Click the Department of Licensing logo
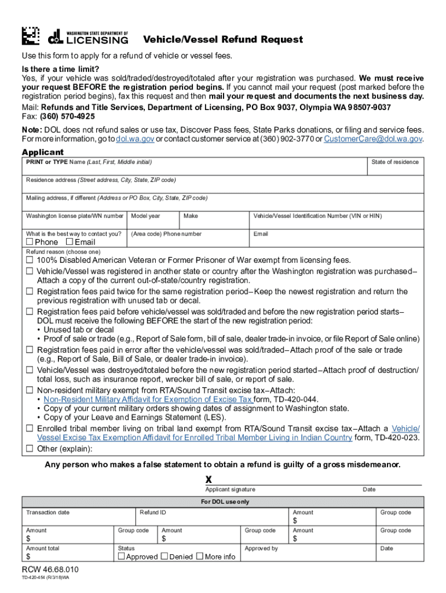(88, 36)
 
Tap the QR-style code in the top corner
(31, 36)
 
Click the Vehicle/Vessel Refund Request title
(223, 39)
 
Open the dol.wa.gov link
(135, 139)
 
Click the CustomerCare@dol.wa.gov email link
(373, 139)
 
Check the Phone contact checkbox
(30, 242)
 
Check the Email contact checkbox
(70, 242)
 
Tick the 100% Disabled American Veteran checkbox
(29, 261)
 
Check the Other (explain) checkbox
(29, 449)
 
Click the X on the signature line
(209, 479)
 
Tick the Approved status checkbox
(122, 557)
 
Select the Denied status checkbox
(164, 557)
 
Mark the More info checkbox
(200, 557)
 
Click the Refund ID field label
(153, 513)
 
